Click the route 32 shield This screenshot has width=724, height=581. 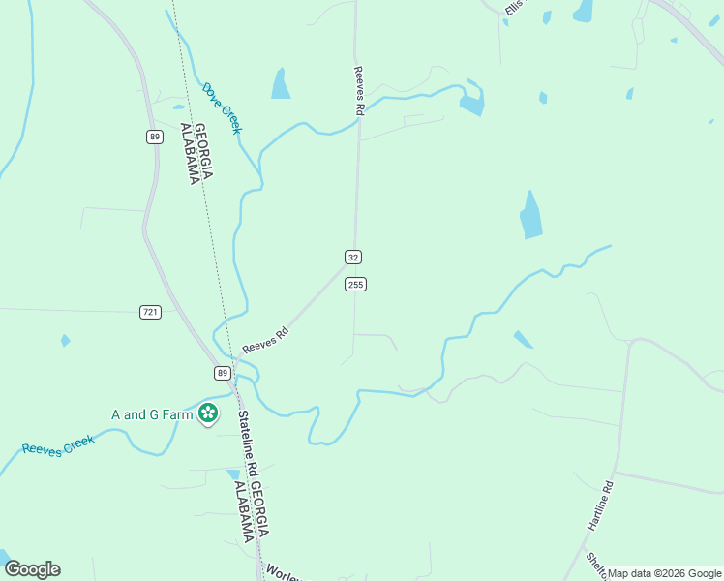[353, 257]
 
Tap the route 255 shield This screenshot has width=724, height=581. [355, 284]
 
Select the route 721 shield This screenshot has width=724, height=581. [150, 312]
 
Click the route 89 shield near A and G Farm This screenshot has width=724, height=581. [222, 373]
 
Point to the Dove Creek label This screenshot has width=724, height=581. [222, 107]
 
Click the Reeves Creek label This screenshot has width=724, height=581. [58, 445]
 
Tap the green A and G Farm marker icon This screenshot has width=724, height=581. [207, 414]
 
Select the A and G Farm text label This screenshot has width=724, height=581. [152, 414]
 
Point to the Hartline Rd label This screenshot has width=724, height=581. [601, 505]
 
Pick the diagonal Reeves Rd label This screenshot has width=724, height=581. [266, 340]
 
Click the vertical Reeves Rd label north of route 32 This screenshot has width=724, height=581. [358, 91]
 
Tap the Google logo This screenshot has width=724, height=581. [32, 569]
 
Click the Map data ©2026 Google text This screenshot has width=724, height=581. [664, 573]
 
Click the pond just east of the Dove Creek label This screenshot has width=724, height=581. [281, 84]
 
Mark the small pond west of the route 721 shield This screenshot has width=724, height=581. [65, 341]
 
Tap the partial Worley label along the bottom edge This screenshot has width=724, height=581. [282, 572]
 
